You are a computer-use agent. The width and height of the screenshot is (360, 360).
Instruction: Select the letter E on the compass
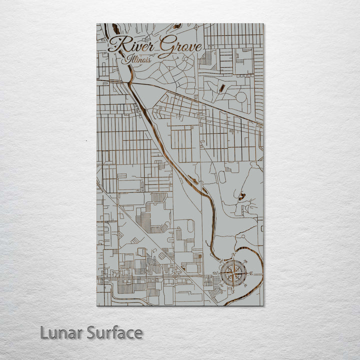(x=251, y=273)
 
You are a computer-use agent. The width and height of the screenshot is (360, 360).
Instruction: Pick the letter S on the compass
(x=232, y=291)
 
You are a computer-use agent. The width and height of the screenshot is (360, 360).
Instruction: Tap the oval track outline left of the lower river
(x=221, y=177)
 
